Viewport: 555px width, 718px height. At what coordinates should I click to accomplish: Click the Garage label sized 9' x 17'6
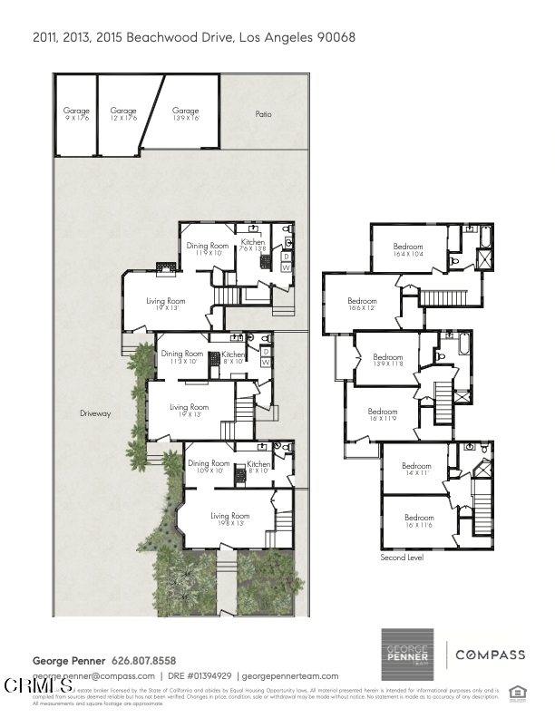75,114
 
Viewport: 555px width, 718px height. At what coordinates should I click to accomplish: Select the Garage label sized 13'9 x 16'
185,114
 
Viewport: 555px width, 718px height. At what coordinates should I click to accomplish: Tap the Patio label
262,114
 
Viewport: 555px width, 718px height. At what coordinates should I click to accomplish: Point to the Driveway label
94,413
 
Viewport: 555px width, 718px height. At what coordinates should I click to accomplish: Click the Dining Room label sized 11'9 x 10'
208,249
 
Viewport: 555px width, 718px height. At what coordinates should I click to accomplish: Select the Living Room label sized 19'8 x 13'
229,519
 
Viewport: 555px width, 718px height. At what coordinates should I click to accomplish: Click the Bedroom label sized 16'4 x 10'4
408,250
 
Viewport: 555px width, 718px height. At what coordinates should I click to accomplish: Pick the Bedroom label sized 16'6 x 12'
362,305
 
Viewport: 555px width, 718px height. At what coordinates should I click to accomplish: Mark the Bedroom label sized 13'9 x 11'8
387,361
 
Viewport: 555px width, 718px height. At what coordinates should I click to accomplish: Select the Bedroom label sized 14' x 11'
416,470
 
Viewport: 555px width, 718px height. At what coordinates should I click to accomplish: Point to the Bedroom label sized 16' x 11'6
418,521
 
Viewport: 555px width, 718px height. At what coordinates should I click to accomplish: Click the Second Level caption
402,558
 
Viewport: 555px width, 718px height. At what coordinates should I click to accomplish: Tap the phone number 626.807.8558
143,660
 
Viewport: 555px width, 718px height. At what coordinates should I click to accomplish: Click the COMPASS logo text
490,655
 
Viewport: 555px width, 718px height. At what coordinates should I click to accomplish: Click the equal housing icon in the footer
518,691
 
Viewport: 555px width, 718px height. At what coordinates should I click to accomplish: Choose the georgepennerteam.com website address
290,676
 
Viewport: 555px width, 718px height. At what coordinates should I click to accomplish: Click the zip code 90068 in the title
335,37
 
